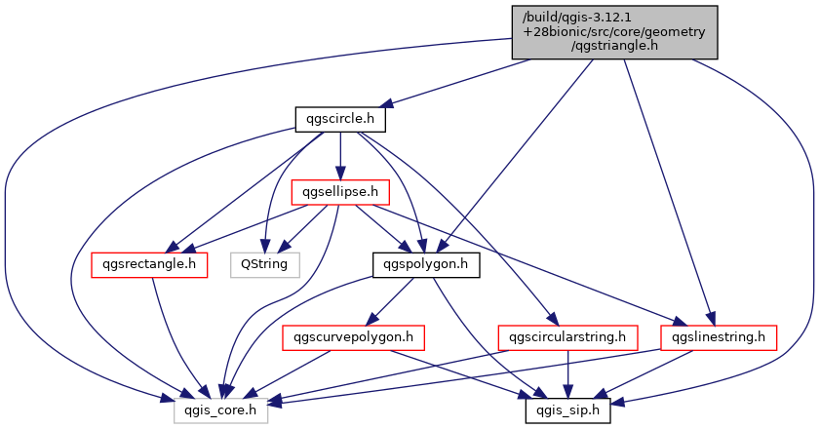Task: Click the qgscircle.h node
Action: point(340,119)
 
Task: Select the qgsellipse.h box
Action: point(340,192)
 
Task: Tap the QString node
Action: point(264,264)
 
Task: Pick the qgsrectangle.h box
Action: point(149,264)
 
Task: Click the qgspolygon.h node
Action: point(426,264)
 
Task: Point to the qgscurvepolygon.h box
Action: point(353,337)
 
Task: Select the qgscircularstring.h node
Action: point(567,337)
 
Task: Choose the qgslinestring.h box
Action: point(719,337)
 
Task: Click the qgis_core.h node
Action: point(220,410)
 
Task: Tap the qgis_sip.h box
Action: point(567,410)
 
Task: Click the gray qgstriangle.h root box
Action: point(614,32)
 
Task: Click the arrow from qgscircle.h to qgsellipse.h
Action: point(340,156)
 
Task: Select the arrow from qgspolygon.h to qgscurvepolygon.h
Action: point(390,301)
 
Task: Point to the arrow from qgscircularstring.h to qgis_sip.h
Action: point(567,374)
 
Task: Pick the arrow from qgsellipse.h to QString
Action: point(302,228)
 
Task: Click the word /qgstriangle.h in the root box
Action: point(614,46)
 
